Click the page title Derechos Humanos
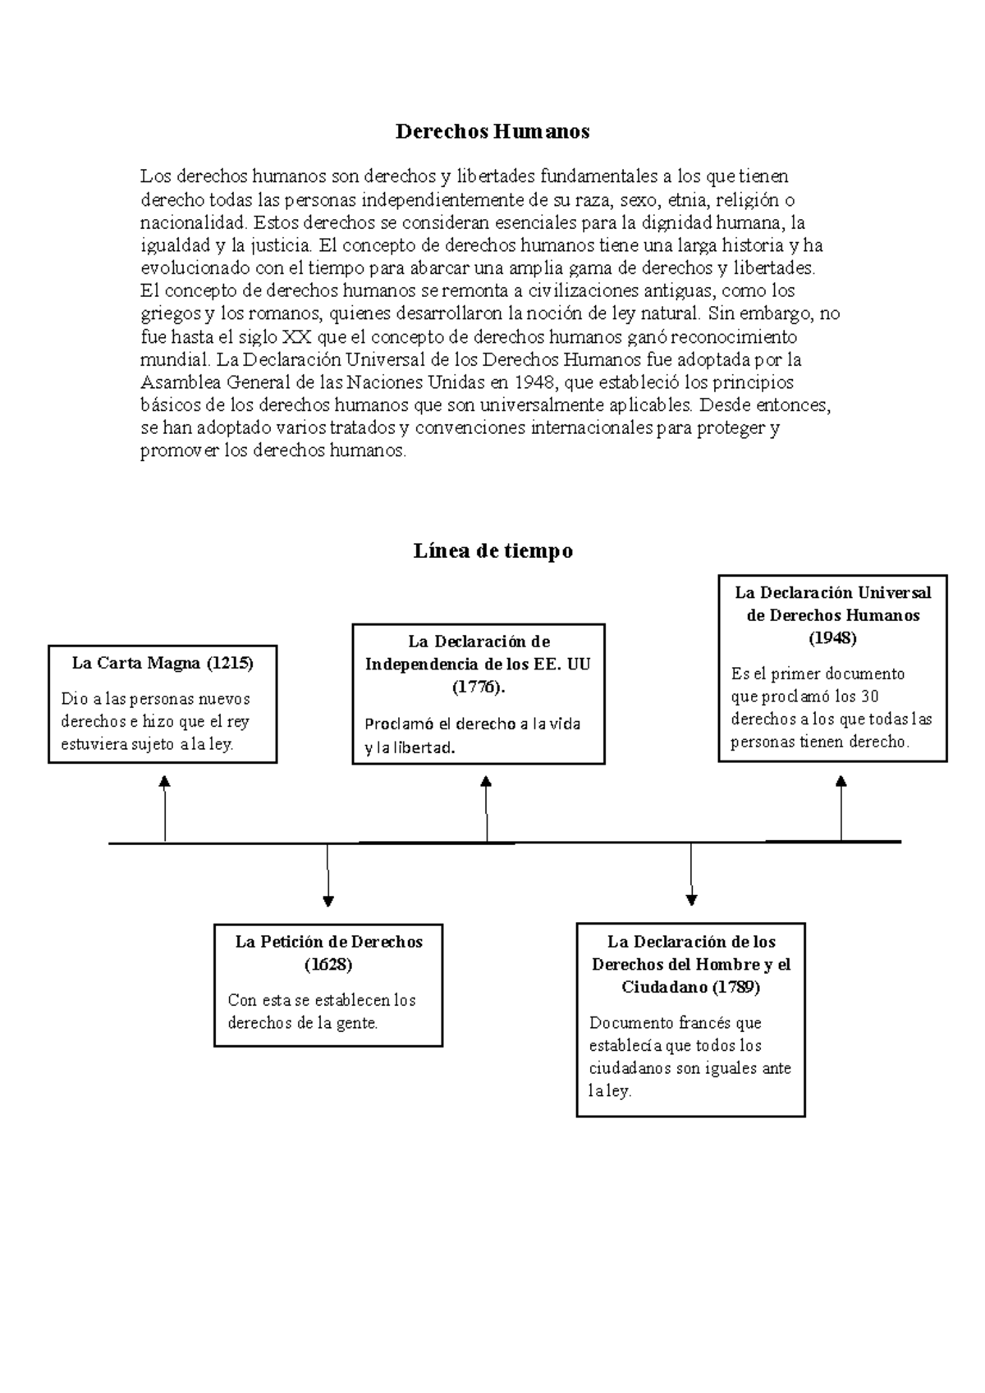[492, 131]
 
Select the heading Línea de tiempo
[492, 551]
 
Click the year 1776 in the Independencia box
[478, 687]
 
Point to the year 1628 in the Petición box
[328, 965]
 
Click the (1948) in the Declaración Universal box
[832, 637]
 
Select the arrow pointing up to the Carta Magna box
[165, 808]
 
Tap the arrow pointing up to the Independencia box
[486, 808]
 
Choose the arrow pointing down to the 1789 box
[691, 875]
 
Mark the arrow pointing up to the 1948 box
[841, 808]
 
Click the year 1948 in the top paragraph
[534, 382]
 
